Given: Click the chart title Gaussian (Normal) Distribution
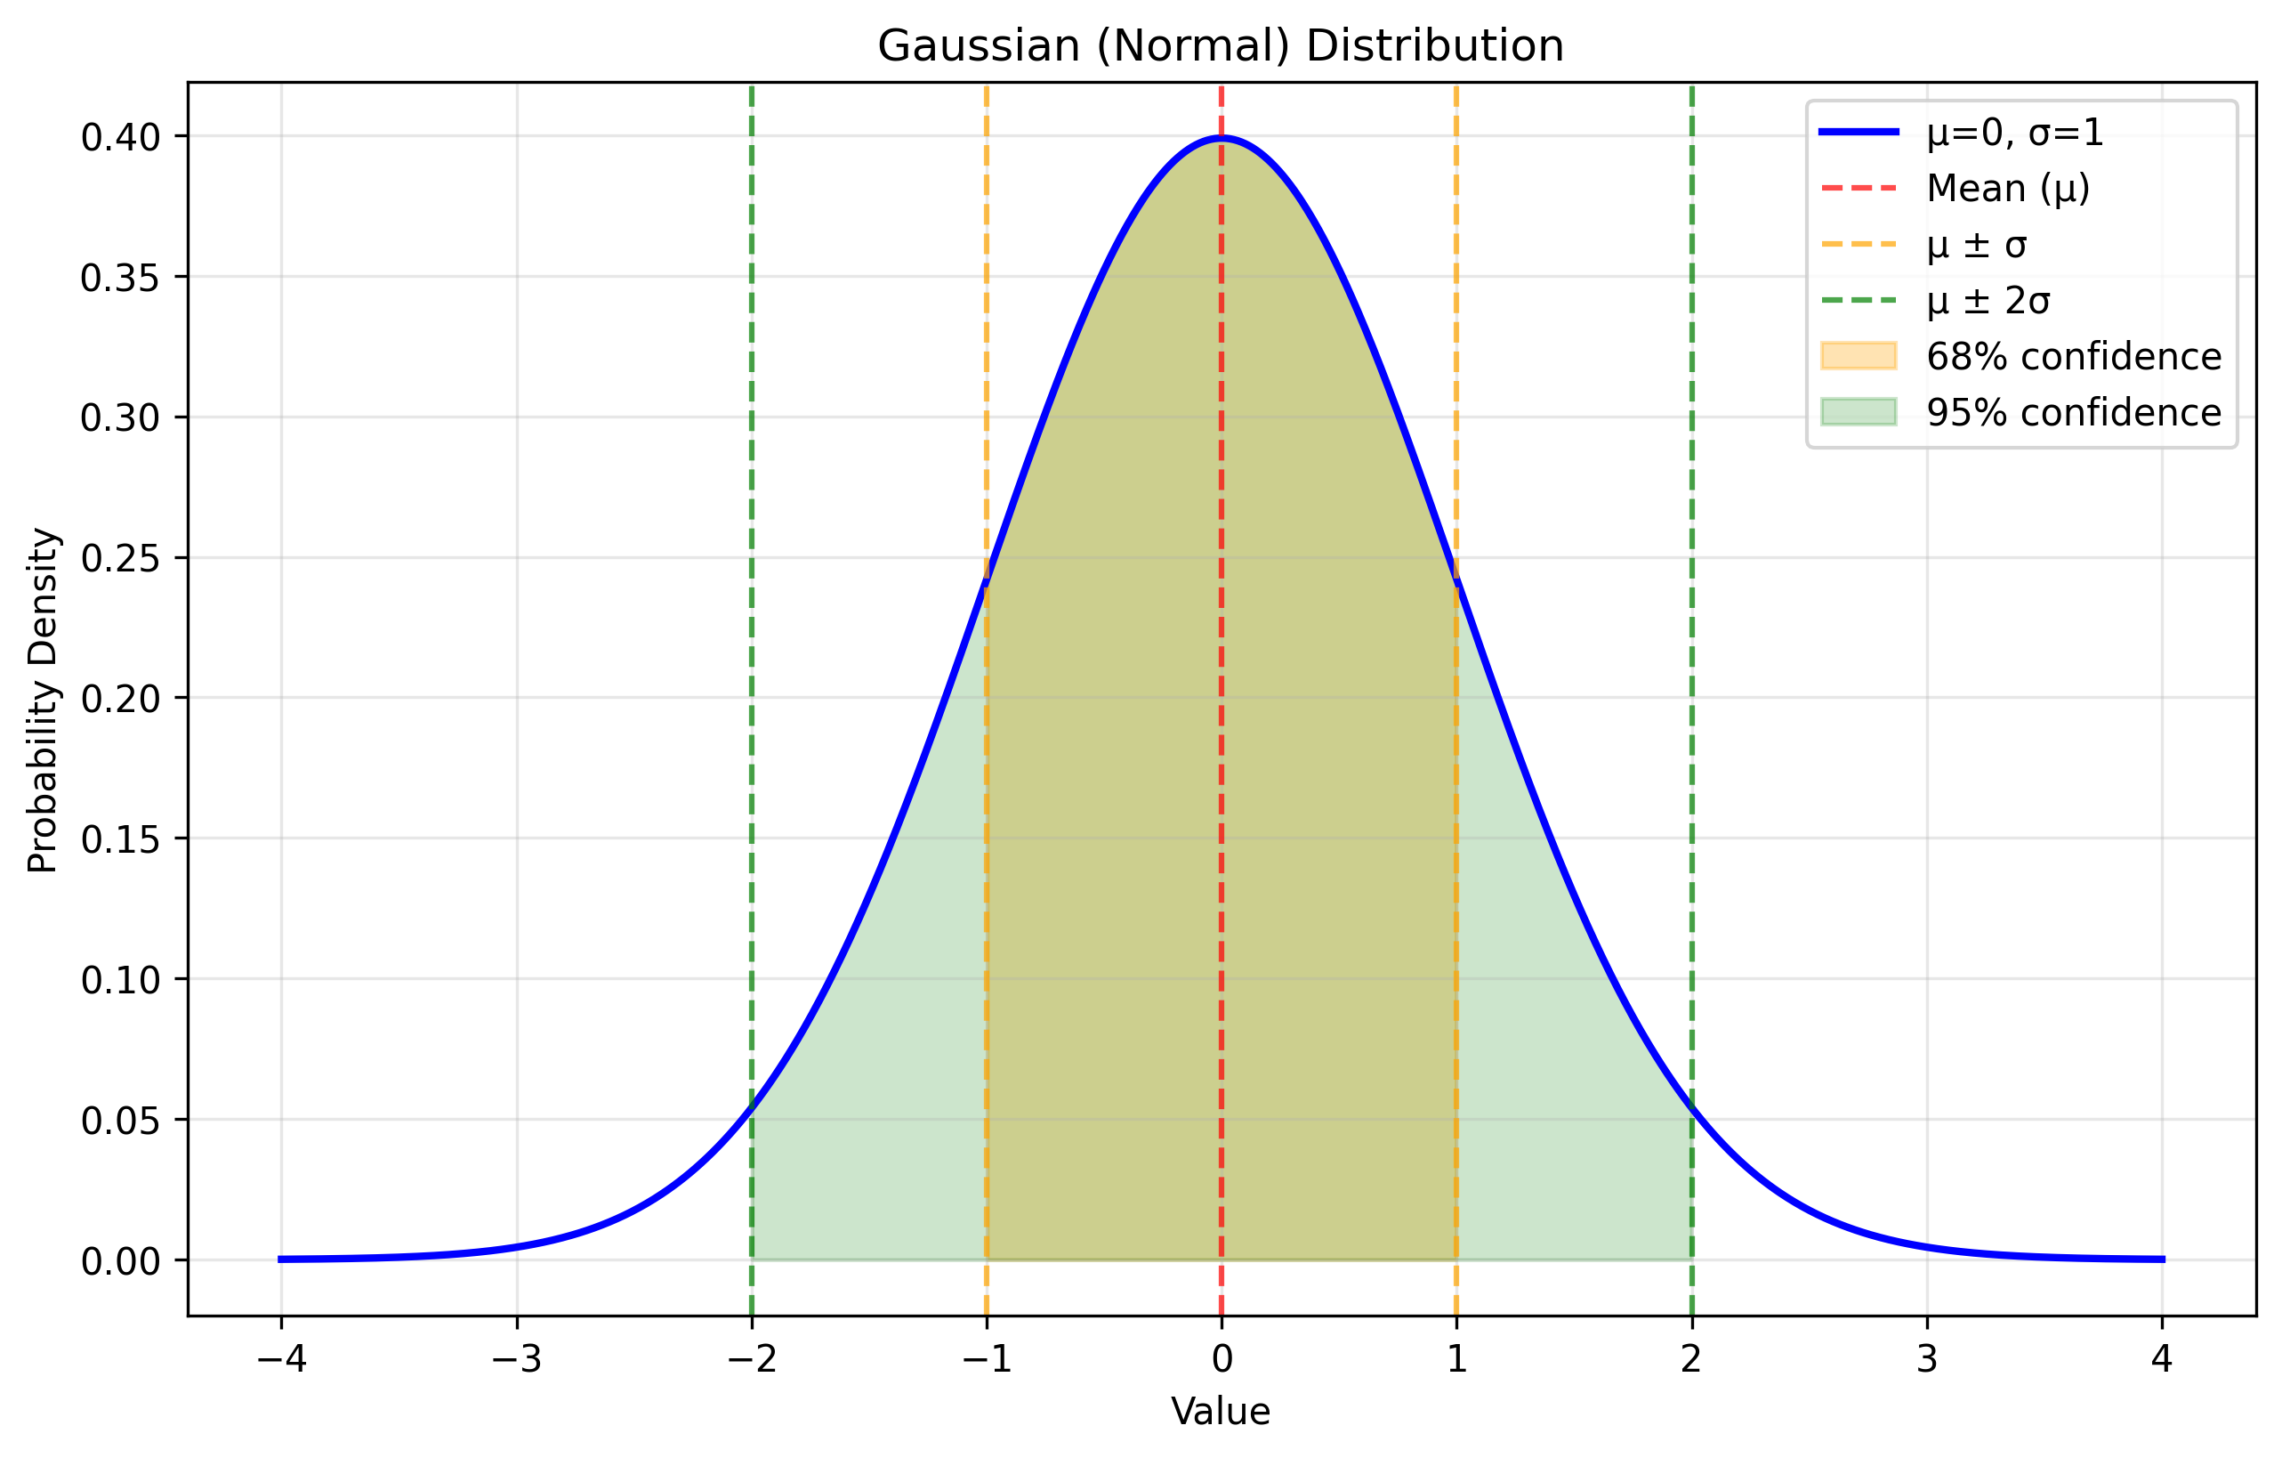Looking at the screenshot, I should [x=1221, y=45].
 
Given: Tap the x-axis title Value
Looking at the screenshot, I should [x=1221, y=1412].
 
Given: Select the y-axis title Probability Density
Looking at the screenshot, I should [x=44, y=700].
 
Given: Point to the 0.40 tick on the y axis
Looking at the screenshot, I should [x=120, y=138].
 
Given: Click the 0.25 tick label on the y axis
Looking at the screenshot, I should [x=120, y=559].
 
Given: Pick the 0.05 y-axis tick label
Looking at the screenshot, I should [x=120, y=1122].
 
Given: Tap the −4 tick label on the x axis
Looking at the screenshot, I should [x=281, y=1360].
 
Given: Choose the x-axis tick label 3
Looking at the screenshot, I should [x=1927, y=1360].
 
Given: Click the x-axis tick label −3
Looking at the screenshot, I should [x=517, y=1360].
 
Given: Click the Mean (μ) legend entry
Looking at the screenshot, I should [x=2008, y=189].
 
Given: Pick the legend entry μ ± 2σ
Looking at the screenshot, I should [x=1989, y=302].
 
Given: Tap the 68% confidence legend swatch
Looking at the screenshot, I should [x=1859, y=356].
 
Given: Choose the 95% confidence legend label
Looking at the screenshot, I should [x=2074, y=413].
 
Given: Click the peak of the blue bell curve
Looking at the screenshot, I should [x=1222, y=138].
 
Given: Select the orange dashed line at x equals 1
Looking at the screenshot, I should [x=1456, y=379].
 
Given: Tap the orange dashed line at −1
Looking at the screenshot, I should [x=987, y=379].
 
